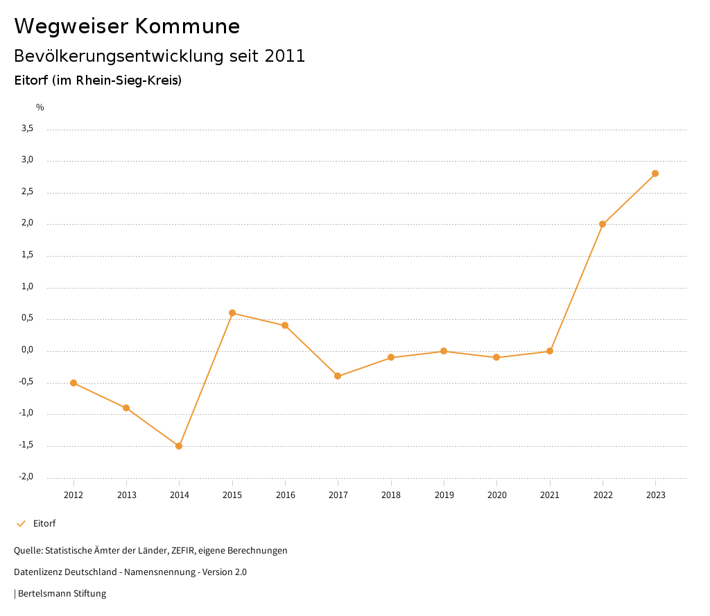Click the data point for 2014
pyautogui.click(x=179, y=446)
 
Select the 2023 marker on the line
pyautogui.click(x=655, y=173)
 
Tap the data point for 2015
pyautogui.click(x=232, y=313)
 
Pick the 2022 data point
pyautogui.click(x=603, y=224)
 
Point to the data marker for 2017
pyautogui.click(x=338, y=376)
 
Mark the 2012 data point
pyautogui.click(x=73, y=383)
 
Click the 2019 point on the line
pyautogui.click(x=444, y=351)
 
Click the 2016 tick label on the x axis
pyautogui.click(x=285, y=495)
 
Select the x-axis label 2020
pyautogui.click(x=496, y=495)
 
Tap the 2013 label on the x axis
pyautogui.click(x=126, y=495)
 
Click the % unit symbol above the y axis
pyautogui.click(x=40, y=108)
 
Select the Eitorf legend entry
pyautogui.click(x=44, y=524)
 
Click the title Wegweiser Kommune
pyautogui.click(x=127, y=26)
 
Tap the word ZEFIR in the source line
pyautogui.click(x=182, y=551)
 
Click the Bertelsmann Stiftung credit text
pyautogui.click(x=62, y=594)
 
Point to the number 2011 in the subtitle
pyautogui.click(x=285, y=56)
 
